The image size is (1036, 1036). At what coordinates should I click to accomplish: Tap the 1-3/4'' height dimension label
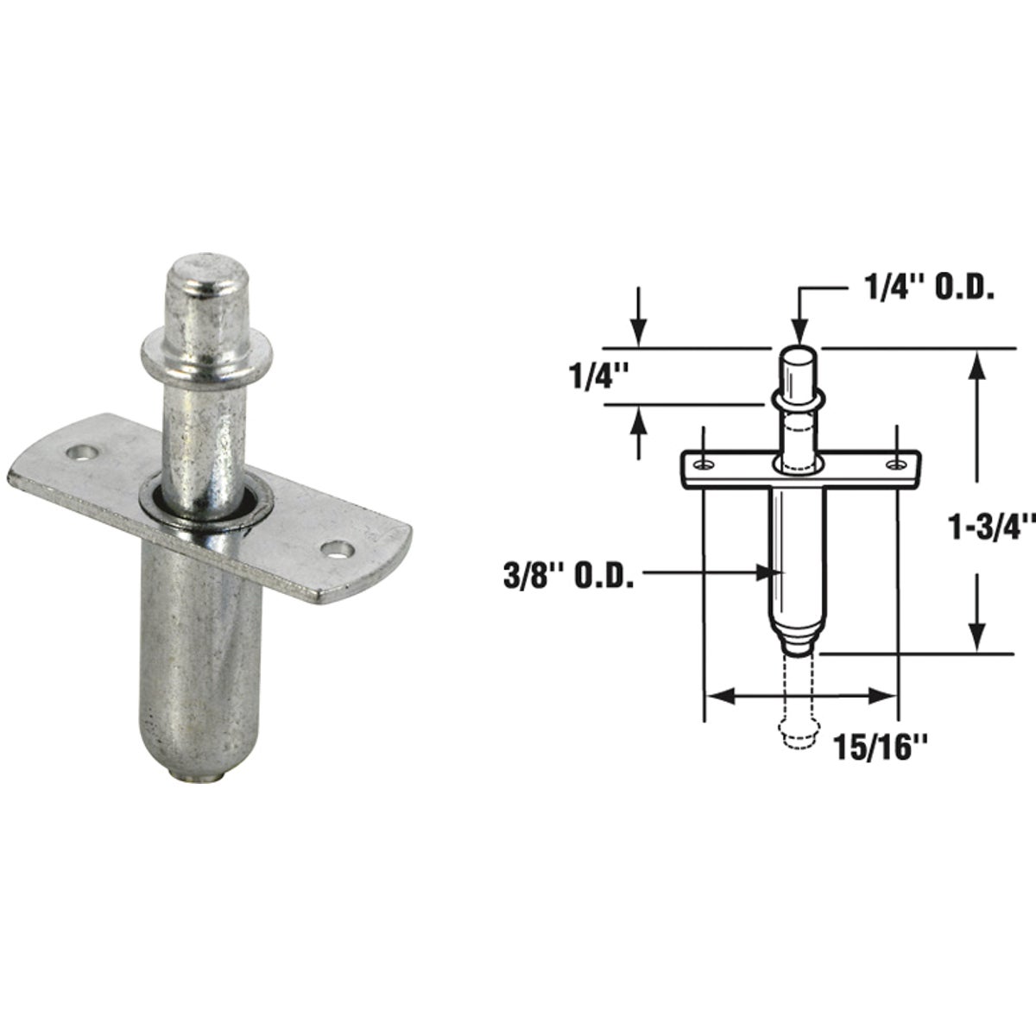pos(993,527)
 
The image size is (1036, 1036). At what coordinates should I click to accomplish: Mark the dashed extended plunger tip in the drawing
pos(799,730)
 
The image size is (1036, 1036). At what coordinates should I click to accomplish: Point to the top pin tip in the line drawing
pos(799,354)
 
